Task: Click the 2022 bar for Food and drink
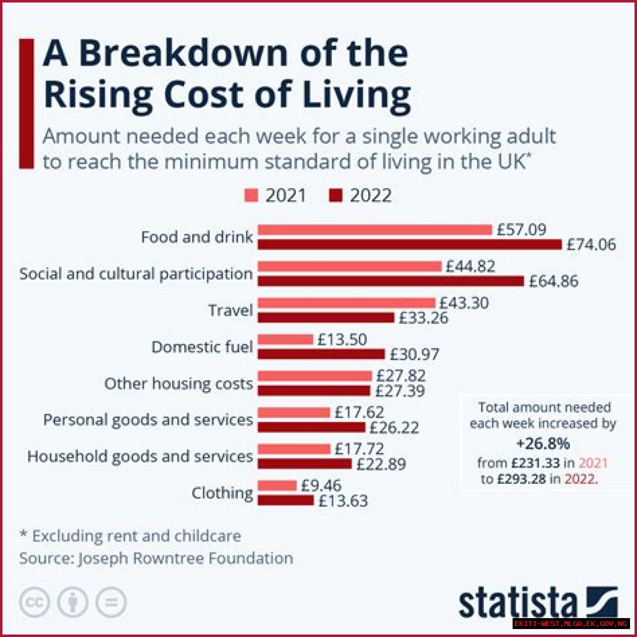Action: [x=409, y=244]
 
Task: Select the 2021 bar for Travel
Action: [x=346, y=303]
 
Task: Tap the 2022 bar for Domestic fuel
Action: [x=321, y=354]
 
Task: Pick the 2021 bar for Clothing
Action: [x=277, y=485]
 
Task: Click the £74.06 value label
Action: [x=591, y=244]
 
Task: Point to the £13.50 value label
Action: [x=342, y=339]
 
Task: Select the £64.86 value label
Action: [x=553, y=281]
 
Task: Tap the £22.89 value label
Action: [x=381, y=464]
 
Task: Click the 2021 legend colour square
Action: [x=251, y=196]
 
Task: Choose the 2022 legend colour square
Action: [x=336, y=196]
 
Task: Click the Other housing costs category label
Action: [x=178, y=384]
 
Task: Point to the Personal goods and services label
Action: [x=148, y=420]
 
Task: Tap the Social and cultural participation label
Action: [x=136, y=274]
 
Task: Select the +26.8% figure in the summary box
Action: [x=543, y=443]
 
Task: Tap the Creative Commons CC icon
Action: [x=34, y=603]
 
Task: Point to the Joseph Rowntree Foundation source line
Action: [x=156, y=558]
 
